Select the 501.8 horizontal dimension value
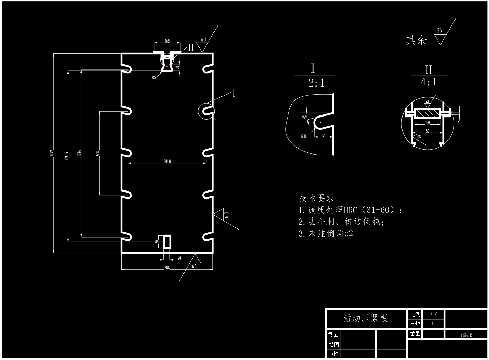click(x=167, y=161)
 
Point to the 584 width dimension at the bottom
click(x=167, y=268)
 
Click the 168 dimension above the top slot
click(x=167, y=41)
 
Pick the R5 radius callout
click(x=154, y=77)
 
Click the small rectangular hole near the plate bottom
click(x=167, y=242)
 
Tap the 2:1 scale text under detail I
click(x=316, y=83)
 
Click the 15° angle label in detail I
click(x=304, y=118)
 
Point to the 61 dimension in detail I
click(x=324, y=135)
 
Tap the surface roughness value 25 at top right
click(x=439, y=31)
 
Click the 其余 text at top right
click(x=416, y=40)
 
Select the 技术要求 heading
click(x=316, y=198)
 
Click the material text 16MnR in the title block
click(x=466, y=335)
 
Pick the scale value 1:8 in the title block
click(x=434, y=314)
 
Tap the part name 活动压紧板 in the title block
click(x=366, y=318)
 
